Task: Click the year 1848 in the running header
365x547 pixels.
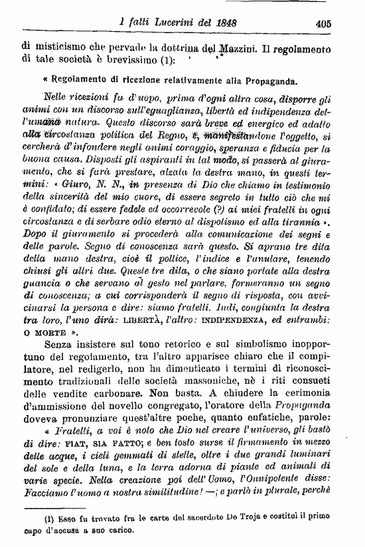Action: click(x=224, y=23)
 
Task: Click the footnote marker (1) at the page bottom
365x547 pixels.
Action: click(x=32, y=517)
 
